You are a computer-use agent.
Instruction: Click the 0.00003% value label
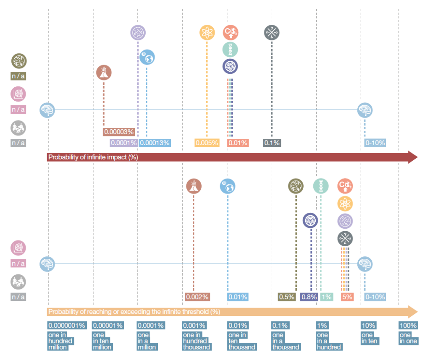click(119, 132)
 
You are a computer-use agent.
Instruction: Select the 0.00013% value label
click(155, 143)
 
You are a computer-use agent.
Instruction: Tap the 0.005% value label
click(207, 143)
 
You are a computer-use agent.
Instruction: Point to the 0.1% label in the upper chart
click(272, 143)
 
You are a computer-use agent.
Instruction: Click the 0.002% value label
click(197, 297)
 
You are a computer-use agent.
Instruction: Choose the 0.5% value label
click(286, 297)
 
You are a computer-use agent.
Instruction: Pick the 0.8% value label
click(309, 297)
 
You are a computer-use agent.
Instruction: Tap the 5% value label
click(347, 297)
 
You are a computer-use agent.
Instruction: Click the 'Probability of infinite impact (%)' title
click(93, 157)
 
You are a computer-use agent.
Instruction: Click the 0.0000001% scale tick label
click(67, 326)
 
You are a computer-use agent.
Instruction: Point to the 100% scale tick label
click(408, 326)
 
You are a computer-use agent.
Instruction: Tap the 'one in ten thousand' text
click(242, 341)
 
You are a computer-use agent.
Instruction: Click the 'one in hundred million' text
click(60, 341)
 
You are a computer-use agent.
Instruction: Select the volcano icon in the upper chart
click(104, 73)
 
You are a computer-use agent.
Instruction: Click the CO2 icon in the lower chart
click(345, 186)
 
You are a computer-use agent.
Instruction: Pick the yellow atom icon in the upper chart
click(207, 33)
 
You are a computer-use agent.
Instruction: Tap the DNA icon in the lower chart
click(321, 186)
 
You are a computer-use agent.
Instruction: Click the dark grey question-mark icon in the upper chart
click(272, 33)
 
